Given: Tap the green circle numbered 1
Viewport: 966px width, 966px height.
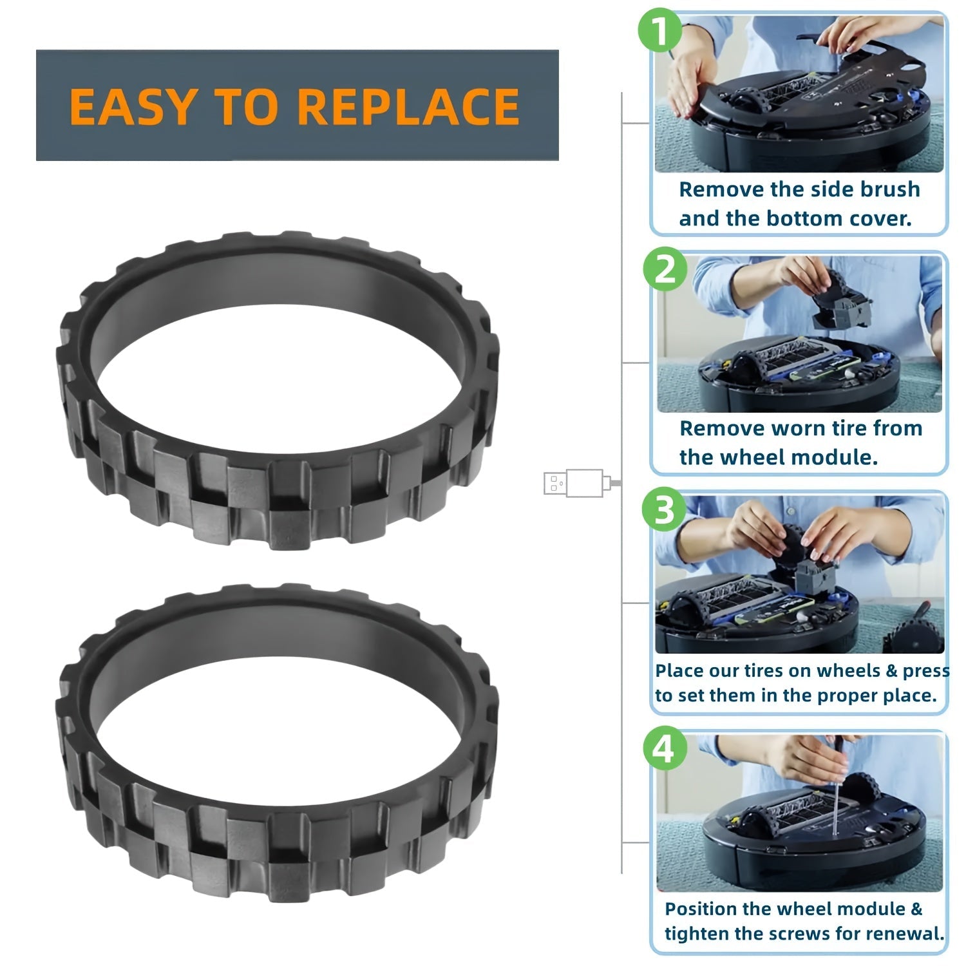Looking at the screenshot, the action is (x=659, y=32).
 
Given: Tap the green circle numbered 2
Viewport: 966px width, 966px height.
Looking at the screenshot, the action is (x=665, y=269).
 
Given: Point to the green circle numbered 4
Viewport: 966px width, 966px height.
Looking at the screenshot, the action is (x=664, y=750).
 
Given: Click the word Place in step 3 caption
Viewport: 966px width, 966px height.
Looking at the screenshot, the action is (x=679, y=671).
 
